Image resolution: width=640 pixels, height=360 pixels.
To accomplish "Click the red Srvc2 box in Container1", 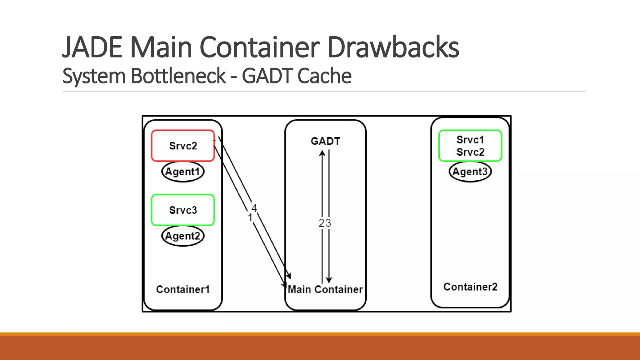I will pyautogui.click(x=183, y=146).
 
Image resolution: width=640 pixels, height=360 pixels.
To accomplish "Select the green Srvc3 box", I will pyautogui.click(x=183, y=210).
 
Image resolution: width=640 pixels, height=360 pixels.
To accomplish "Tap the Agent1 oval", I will pyautogui.click(x=183, y=172).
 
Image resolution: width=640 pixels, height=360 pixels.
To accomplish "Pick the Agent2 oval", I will pyautogui.click(x=183, y=236).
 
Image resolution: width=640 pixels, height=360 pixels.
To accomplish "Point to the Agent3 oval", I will pyautogui.click(x=470, y=172).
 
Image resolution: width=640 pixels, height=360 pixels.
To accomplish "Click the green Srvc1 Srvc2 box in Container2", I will pyautogui.click(x=470, y=146).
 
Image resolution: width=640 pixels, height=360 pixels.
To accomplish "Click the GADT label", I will pyautogui.click(x=325, y=141).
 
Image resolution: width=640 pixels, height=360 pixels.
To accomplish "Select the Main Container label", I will pyautogui.click(x=325, y=289).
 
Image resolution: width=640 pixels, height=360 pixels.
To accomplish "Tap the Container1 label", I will pyautogui.click(x=183, y=289).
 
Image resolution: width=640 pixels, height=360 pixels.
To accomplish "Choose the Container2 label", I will pyautogui.click(x=470, y=287).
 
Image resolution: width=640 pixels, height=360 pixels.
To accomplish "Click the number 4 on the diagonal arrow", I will pyautogui.click(x=254, y=208).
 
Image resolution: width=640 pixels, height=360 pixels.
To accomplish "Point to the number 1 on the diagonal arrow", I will pyautogui.click(x=250, y=217).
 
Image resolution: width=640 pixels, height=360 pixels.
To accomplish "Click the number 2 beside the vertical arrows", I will pyautogui.click(x=321, y=223).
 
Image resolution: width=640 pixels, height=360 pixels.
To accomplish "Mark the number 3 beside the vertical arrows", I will pyautogui.click(x=328, y=223).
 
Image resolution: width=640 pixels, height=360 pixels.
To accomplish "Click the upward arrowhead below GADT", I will pyautogui.click(x=322, y=153).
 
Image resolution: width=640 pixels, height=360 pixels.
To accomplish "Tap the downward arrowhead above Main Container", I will pyautogui.click(x=329, y=280).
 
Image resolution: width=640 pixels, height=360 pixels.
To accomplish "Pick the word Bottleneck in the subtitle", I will pyautogui.click(x=178, y=76).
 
